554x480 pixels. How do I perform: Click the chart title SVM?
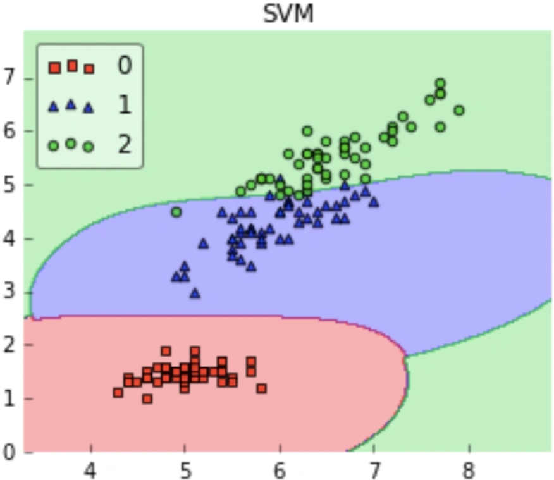[288, 14]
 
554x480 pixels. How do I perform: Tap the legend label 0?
[125, 65]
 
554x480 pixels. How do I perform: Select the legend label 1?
[125, 104]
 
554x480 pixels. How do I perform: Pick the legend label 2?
[125, 144]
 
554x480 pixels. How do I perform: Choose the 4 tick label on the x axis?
[90, 471]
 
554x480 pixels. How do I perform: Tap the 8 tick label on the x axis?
[469, 471]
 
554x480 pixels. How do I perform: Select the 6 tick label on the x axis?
[280, 471]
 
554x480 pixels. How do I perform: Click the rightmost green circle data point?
[459, 111]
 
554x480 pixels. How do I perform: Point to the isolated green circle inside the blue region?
[176, 212]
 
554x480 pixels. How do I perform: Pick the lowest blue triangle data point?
[195, 293]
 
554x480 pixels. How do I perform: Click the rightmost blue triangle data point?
[374, 202]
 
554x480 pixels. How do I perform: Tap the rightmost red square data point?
[261, 388]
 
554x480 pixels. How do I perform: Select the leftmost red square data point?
[118, 392]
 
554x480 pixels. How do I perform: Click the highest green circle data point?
[440, 84]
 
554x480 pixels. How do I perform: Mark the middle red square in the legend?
[73, 66]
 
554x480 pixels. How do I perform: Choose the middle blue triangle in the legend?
[71, 104]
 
